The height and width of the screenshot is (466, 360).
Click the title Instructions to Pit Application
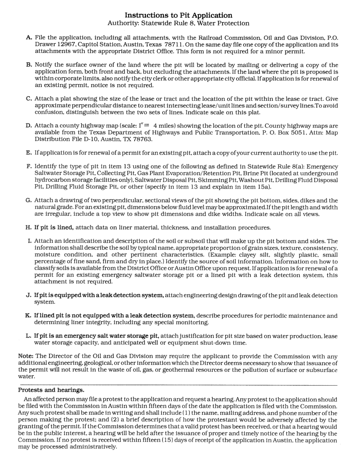click(x=178, y=15)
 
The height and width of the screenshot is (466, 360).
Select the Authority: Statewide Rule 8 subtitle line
click(x=178, y=23)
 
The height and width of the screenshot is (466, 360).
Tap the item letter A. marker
click(x=29, y=38)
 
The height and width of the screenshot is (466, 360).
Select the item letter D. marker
click(x=29, y=126)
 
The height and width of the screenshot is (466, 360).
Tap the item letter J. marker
click(x=29, y=296)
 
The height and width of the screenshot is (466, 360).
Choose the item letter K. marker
click(x=29, y=316)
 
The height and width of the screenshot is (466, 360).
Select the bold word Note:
click(x=26, y=356)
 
